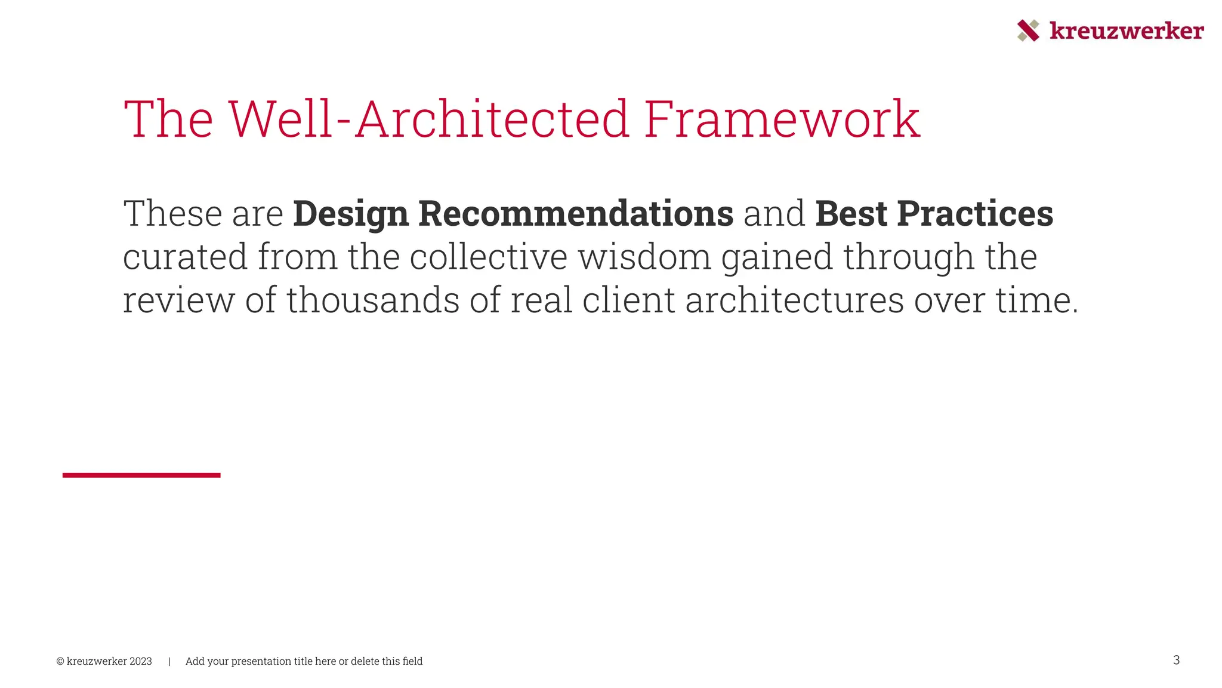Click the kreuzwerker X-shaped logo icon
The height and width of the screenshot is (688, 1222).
(1027, 30)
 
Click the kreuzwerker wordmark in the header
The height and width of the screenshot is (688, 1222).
(1127, 30)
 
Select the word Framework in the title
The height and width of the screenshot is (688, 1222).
(782, 119)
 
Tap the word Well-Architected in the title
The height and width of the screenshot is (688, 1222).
(428, 119)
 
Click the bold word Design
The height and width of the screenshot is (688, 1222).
(351, 214)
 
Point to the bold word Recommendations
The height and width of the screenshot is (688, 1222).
(576, 214)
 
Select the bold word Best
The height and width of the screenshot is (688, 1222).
(851, 214)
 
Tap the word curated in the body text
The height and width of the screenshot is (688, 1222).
(185, 257)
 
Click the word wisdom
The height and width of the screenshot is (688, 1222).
(644, 257)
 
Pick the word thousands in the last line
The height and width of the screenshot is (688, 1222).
(373, 300)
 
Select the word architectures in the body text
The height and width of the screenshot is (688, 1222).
(794, 300)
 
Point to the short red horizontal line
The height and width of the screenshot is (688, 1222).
(141, 475)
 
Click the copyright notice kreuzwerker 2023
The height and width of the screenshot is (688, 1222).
(104, 661)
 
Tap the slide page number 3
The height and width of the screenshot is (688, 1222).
(1176, 660)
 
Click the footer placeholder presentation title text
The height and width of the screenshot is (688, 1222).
(304, 661)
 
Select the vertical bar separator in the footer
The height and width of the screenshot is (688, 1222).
(169, 661)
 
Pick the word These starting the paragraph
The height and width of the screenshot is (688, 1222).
(172, 214)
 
